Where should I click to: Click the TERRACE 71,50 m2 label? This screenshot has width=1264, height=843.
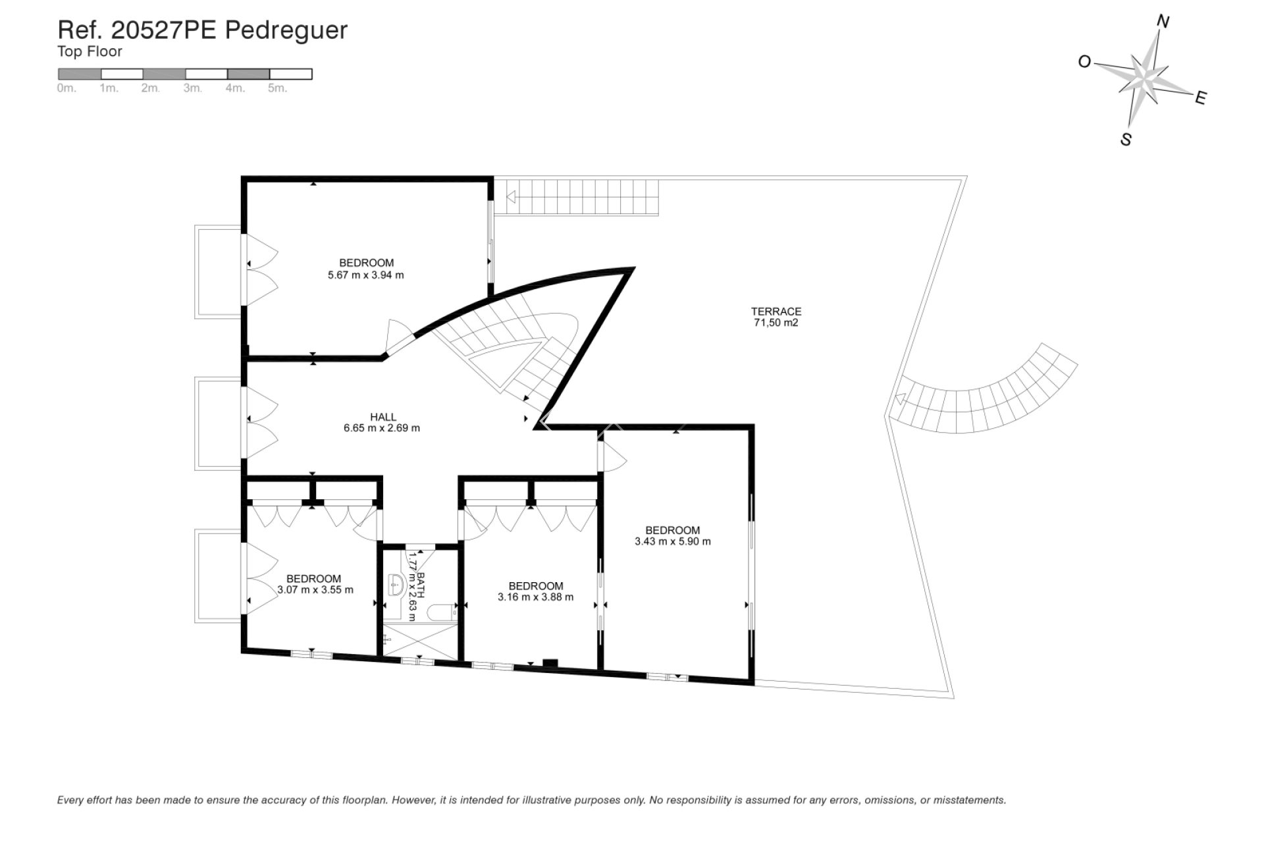coord(776,317)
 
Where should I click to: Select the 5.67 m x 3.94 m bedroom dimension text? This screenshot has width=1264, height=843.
coord(365,275)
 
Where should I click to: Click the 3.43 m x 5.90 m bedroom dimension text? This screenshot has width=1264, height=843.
coord(672,542)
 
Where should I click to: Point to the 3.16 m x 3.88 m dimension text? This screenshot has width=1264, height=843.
coord(535,597)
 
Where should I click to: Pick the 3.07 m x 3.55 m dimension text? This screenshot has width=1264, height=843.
coord(315,590)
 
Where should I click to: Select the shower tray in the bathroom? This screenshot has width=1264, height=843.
coord(419,641)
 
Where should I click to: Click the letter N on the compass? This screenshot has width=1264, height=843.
coord(1163,22)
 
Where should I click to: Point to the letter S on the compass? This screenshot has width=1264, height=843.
coord(1126,140)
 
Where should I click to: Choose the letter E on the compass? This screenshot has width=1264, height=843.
coord(1200,99)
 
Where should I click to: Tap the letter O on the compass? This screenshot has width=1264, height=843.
coord(1084,62)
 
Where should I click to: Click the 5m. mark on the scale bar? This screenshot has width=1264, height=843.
coord(277,88)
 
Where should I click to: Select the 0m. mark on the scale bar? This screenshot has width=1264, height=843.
coord(66,88)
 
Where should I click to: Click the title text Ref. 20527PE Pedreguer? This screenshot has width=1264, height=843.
coord(202,30)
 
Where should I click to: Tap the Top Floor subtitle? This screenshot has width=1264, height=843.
coord(90,51)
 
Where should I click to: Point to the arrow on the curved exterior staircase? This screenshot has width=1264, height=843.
coord(899,398)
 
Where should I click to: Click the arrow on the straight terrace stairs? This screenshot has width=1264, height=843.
coord(510,196)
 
